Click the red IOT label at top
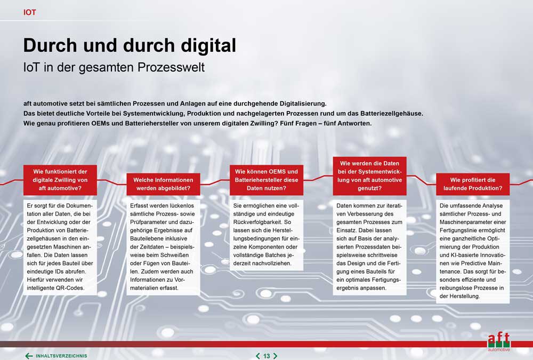tap(29, 12)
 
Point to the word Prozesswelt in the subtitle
tap(171, 67)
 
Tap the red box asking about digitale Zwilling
tap(60, 180)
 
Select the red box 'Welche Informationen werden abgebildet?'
tap(163, 184)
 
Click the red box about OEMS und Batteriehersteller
tap(266, 180)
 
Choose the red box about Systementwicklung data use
tap(369, 176)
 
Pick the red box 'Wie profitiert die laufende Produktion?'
tap(473, 184)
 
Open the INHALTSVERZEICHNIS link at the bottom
tap(61, 356)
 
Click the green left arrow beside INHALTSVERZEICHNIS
tap(29, 356)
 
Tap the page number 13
tap(266, 356)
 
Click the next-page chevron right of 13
tap(276, 356)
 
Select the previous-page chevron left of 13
tap(257, 356)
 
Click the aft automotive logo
tap(499, 342)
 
